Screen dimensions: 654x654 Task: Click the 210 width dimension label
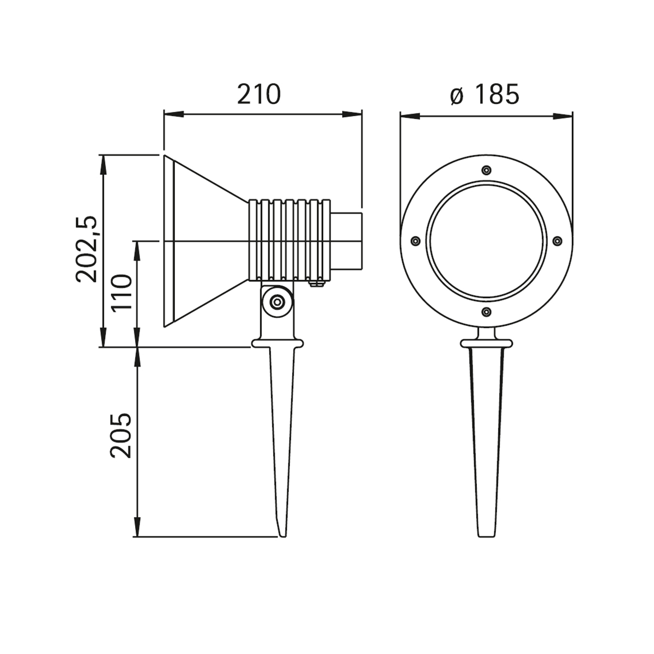click(x=259, y=94)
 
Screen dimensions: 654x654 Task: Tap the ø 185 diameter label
click(x=485, y=94)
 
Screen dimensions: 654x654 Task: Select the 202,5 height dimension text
click(x=87, y=249)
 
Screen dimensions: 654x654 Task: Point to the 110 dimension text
click(x=122, y=292)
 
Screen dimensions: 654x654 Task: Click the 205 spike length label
click(x=122, y=435)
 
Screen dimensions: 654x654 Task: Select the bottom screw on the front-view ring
click(x=487, y=311)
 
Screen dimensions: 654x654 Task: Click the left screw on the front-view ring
click(x=415, y=241)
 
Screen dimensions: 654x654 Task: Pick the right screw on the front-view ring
click(x=558, y=241)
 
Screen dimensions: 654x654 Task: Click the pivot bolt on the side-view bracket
click(x=277, y=301)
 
